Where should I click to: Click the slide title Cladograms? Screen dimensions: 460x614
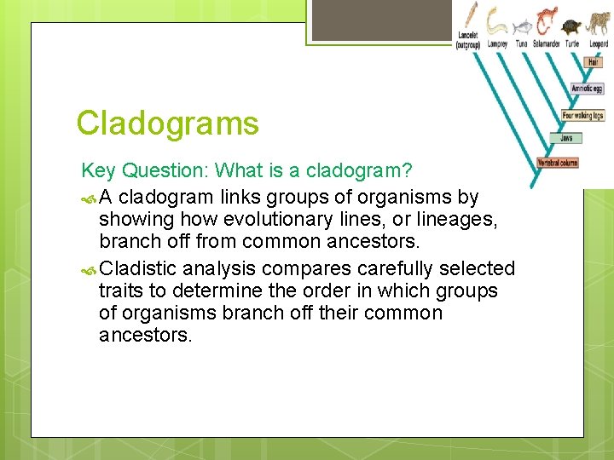tap(167, 124)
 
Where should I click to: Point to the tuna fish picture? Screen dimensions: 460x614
tap(521, 25)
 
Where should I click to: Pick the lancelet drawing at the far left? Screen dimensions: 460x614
tap(470, 16)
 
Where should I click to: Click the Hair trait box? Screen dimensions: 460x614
tap(594, 62)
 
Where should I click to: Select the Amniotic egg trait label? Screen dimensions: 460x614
tap(587, 89)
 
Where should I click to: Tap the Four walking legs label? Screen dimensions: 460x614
tap(582, 115)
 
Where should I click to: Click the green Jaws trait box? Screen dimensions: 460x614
tap(566, 137)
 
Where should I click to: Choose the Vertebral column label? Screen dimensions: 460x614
tap(558, 162)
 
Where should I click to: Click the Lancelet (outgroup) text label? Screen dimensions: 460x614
tap(468, 40)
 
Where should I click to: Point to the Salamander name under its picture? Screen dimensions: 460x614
tap(546, 44)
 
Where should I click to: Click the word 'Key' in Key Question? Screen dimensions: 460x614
tap(96, 171)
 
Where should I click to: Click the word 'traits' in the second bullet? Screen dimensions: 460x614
tap(122, 290)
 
